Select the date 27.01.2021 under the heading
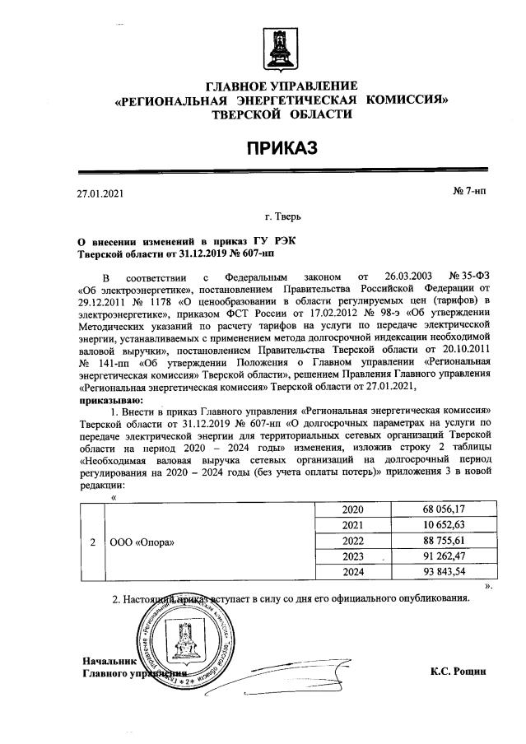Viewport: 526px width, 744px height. [99, 194]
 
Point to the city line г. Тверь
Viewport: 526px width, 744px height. [282, 217]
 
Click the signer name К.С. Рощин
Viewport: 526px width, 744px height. [458, 672]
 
